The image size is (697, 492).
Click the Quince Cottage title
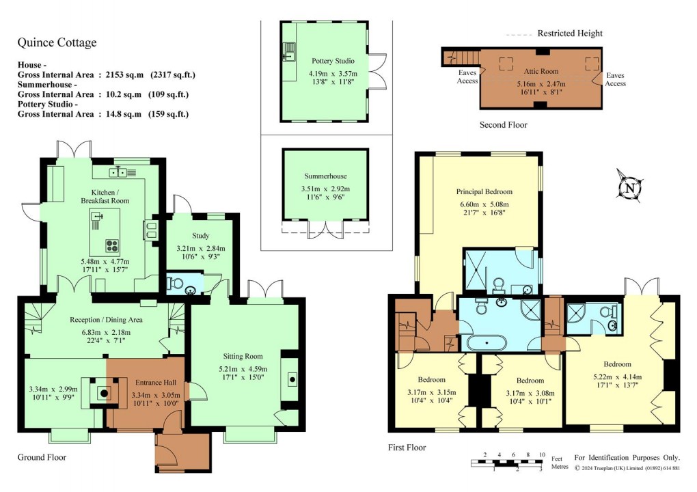57,43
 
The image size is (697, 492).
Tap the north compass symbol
630,187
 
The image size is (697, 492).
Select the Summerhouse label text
325,176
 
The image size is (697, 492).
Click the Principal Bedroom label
484,192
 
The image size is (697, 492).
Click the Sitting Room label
243,356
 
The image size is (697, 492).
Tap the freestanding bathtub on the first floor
485,342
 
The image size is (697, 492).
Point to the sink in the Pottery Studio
289,49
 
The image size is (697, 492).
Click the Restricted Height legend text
570,33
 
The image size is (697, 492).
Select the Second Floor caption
503,125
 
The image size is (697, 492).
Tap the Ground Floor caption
42,457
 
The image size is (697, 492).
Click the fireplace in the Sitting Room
292,378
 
